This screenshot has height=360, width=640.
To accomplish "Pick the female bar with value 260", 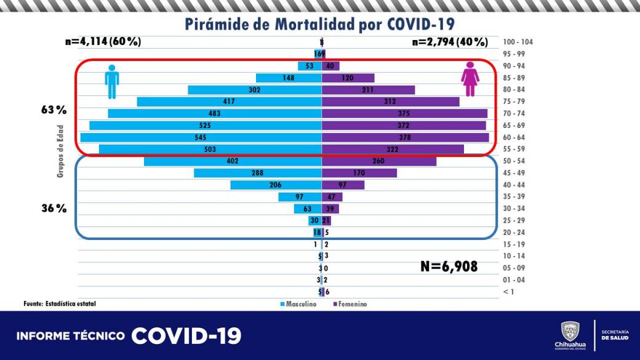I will click(x=378, y=161).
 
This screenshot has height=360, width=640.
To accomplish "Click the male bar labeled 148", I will click(x=289, y=78).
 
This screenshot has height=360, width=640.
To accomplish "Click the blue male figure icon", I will click(x=111, y=81).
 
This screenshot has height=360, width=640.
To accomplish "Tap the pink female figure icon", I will click(x=470, y=79).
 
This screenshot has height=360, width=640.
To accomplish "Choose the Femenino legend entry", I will click(x=350, y=304).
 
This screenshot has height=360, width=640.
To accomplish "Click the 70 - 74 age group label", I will click(x=514, y=114).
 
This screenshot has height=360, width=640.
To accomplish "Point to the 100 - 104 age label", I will click(x=517, y=42).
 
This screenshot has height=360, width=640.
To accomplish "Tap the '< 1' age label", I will click(x=508, y=292).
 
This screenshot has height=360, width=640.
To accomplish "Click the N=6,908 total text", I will click(x=449, y=266).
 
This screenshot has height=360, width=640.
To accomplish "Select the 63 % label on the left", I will click(x=54, y=111).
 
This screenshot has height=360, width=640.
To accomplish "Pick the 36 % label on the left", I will click(x=54, y=209).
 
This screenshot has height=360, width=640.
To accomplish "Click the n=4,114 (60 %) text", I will click(x=103, y=42).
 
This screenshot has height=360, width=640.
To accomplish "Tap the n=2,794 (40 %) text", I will click(x=450, y=42).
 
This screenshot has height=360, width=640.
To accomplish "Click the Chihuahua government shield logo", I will click(x=570, y=331).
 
